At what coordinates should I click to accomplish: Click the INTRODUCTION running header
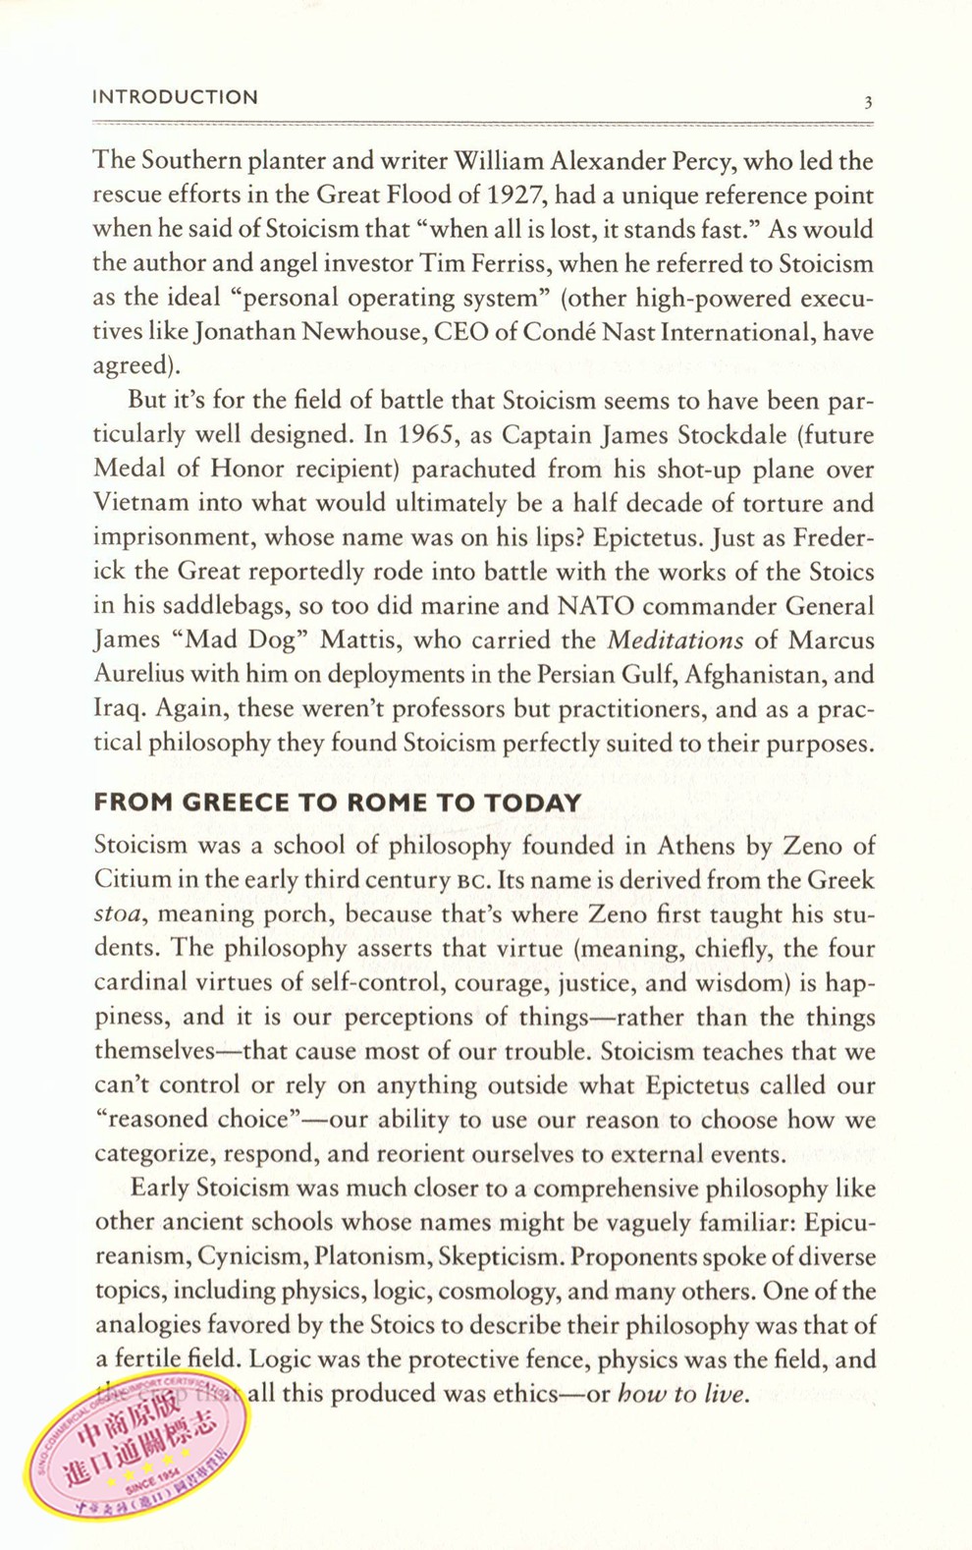175,97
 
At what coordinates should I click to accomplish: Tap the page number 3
868,101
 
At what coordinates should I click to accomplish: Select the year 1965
432,435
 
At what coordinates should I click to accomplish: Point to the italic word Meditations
675,640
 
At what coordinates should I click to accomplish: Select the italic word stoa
119,914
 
